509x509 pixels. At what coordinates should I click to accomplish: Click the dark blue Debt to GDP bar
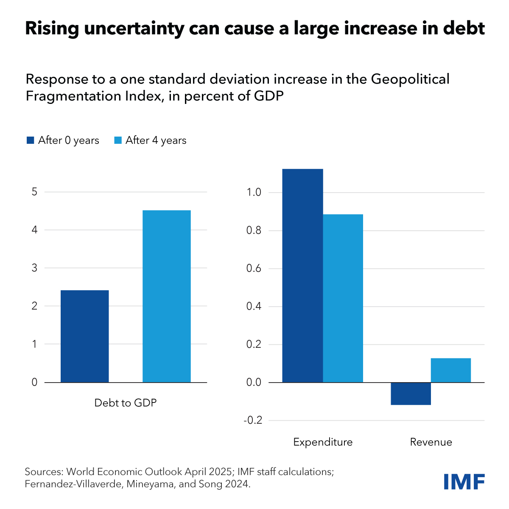85,336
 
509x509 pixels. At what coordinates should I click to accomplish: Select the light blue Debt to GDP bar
166,296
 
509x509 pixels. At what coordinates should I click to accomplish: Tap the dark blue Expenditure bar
302,276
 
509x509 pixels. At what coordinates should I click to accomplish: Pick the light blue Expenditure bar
343,298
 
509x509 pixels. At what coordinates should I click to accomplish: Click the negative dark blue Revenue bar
411,394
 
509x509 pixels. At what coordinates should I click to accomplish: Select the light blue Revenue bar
450,370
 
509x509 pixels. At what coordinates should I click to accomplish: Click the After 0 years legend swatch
30,140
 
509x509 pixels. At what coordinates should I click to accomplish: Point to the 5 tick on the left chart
35,192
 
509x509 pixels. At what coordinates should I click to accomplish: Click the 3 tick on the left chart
35,268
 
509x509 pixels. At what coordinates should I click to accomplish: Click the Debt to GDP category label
126,403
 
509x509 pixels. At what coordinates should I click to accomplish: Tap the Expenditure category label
323,442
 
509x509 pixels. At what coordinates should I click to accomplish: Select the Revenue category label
431,442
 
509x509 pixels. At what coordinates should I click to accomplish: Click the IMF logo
464,481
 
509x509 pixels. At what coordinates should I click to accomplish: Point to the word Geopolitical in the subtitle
410,79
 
